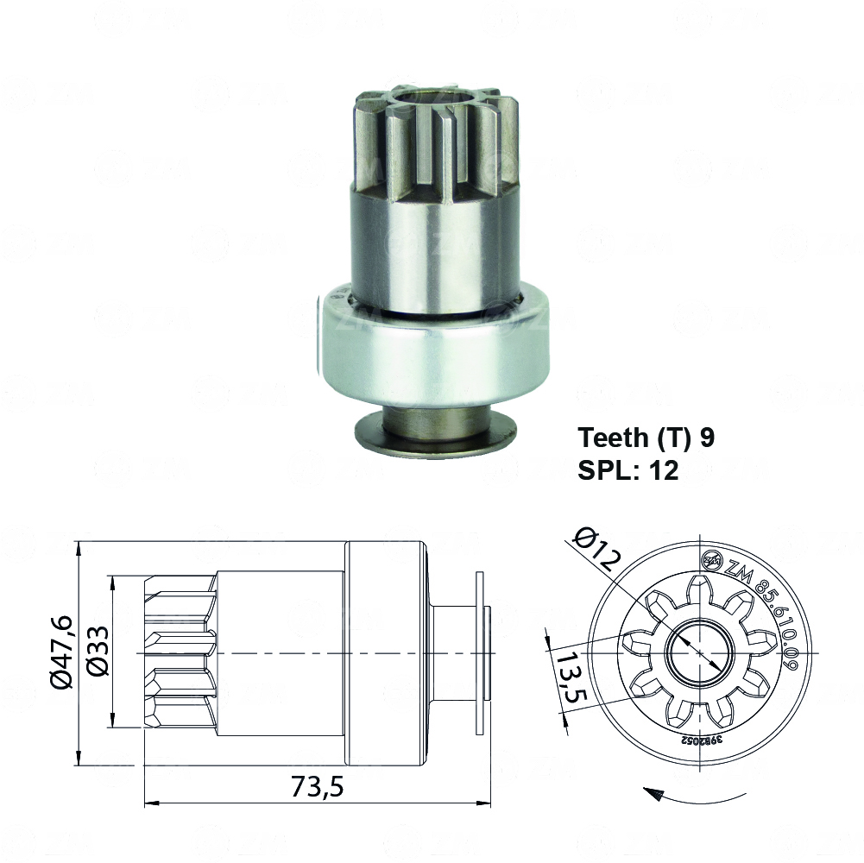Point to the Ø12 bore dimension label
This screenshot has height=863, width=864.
596,551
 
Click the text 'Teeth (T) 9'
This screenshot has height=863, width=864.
646,438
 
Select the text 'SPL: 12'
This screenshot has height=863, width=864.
628,470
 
